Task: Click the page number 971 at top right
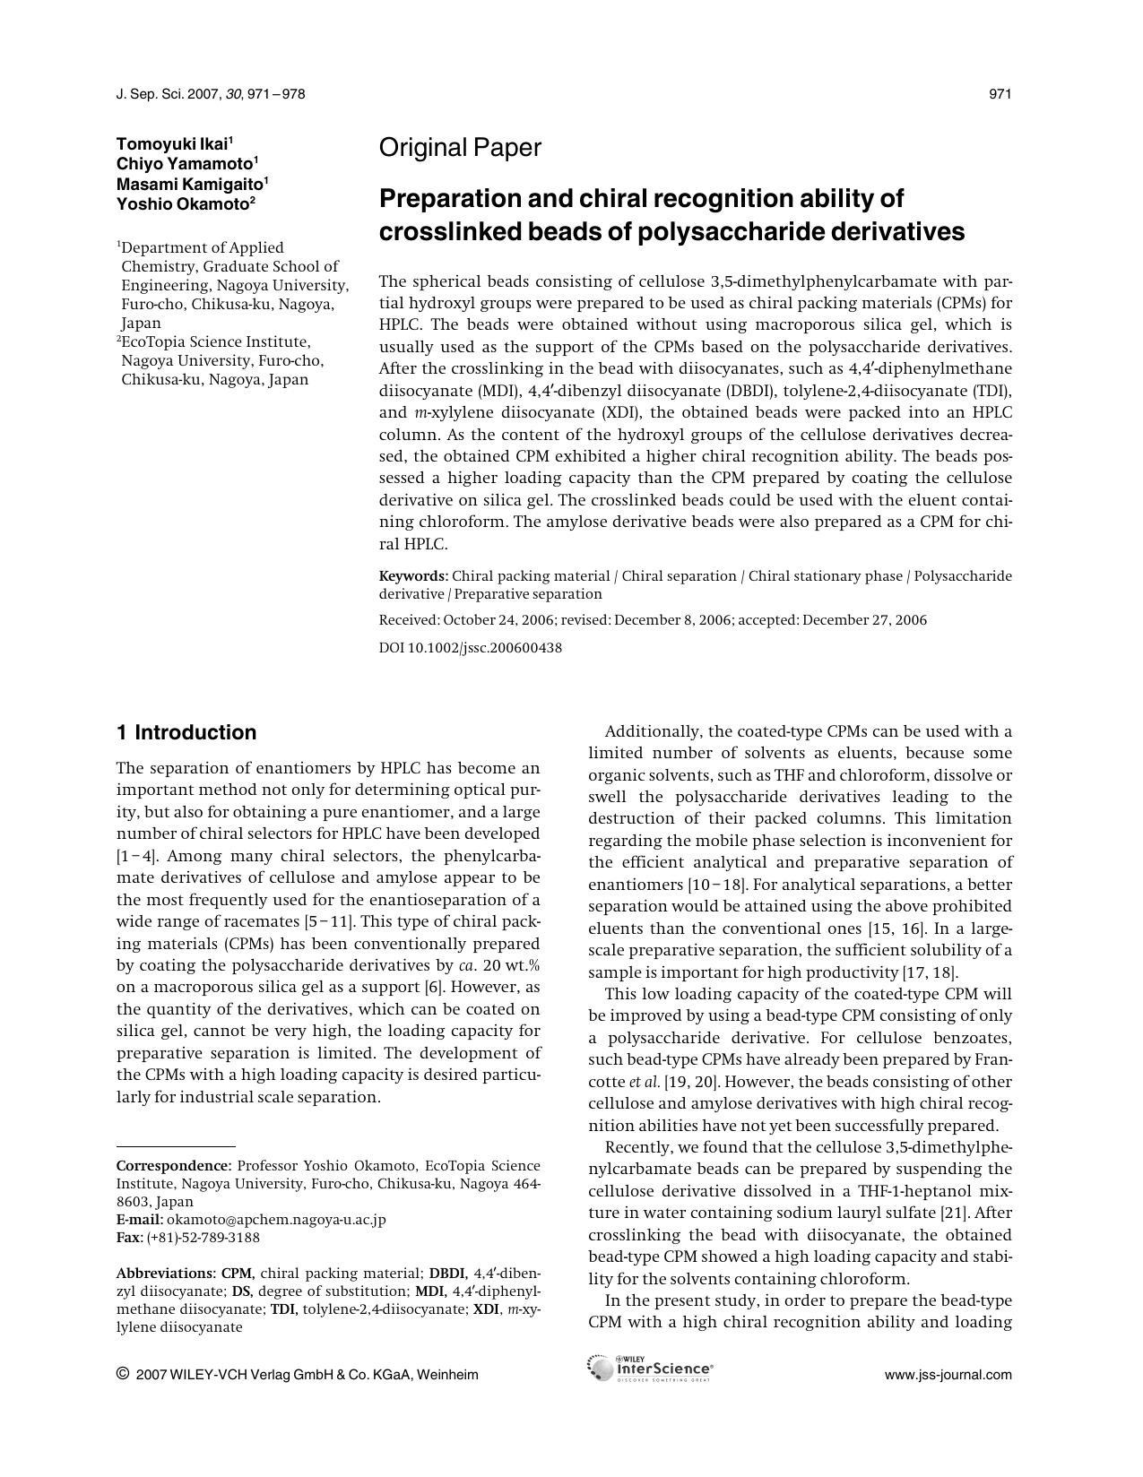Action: (1000, 94)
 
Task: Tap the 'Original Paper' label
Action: (460, 148)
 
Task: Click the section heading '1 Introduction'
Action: (186, 733)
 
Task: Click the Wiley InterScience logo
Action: (650, 1369)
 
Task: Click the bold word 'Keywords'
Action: (412, 576)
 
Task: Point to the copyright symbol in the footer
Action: (123, 1374)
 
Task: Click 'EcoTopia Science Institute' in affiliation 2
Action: (216, 342)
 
